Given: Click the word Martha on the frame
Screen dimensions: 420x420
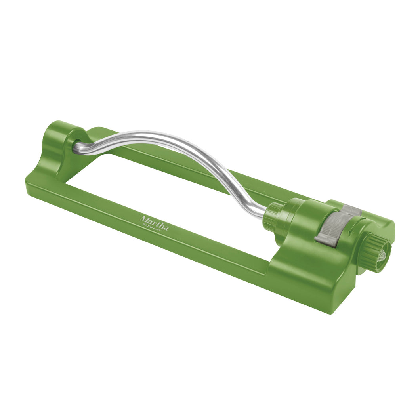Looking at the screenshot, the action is click(x=154, y=222).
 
